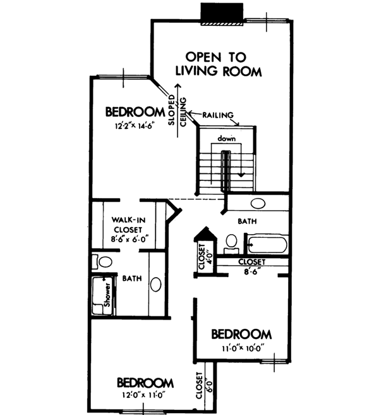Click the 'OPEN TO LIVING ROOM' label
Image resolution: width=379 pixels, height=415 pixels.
pyautogui.click(x=219, y=63)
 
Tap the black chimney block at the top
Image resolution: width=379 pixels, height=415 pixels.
pyautogui.click(x=221, y=13)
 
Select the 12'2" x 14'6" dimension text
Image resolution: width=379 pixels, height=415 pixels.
pyautogui.click(x=134, y=125)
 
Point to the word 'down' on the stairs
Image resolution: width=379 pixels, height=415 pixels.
pyautogui.click(x=226, y=138)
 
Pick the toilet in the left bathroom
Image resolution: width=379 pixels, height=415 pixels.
pyautogui.click(x=102, y=261)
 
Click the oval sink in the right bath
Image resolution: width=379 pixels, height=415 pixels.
pyautogui.click(x=258, y=204)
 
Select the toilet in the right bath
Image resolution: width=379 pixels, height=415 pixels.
pyautogui.click(x=231, y=242)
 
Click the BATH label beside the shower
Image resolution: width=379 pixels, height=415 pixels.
pyautogui.click(x=131, y=278)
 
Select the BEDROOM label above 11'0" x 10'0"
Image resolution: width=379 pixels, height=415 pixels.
pyautogui.click(x=241, y=333)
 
